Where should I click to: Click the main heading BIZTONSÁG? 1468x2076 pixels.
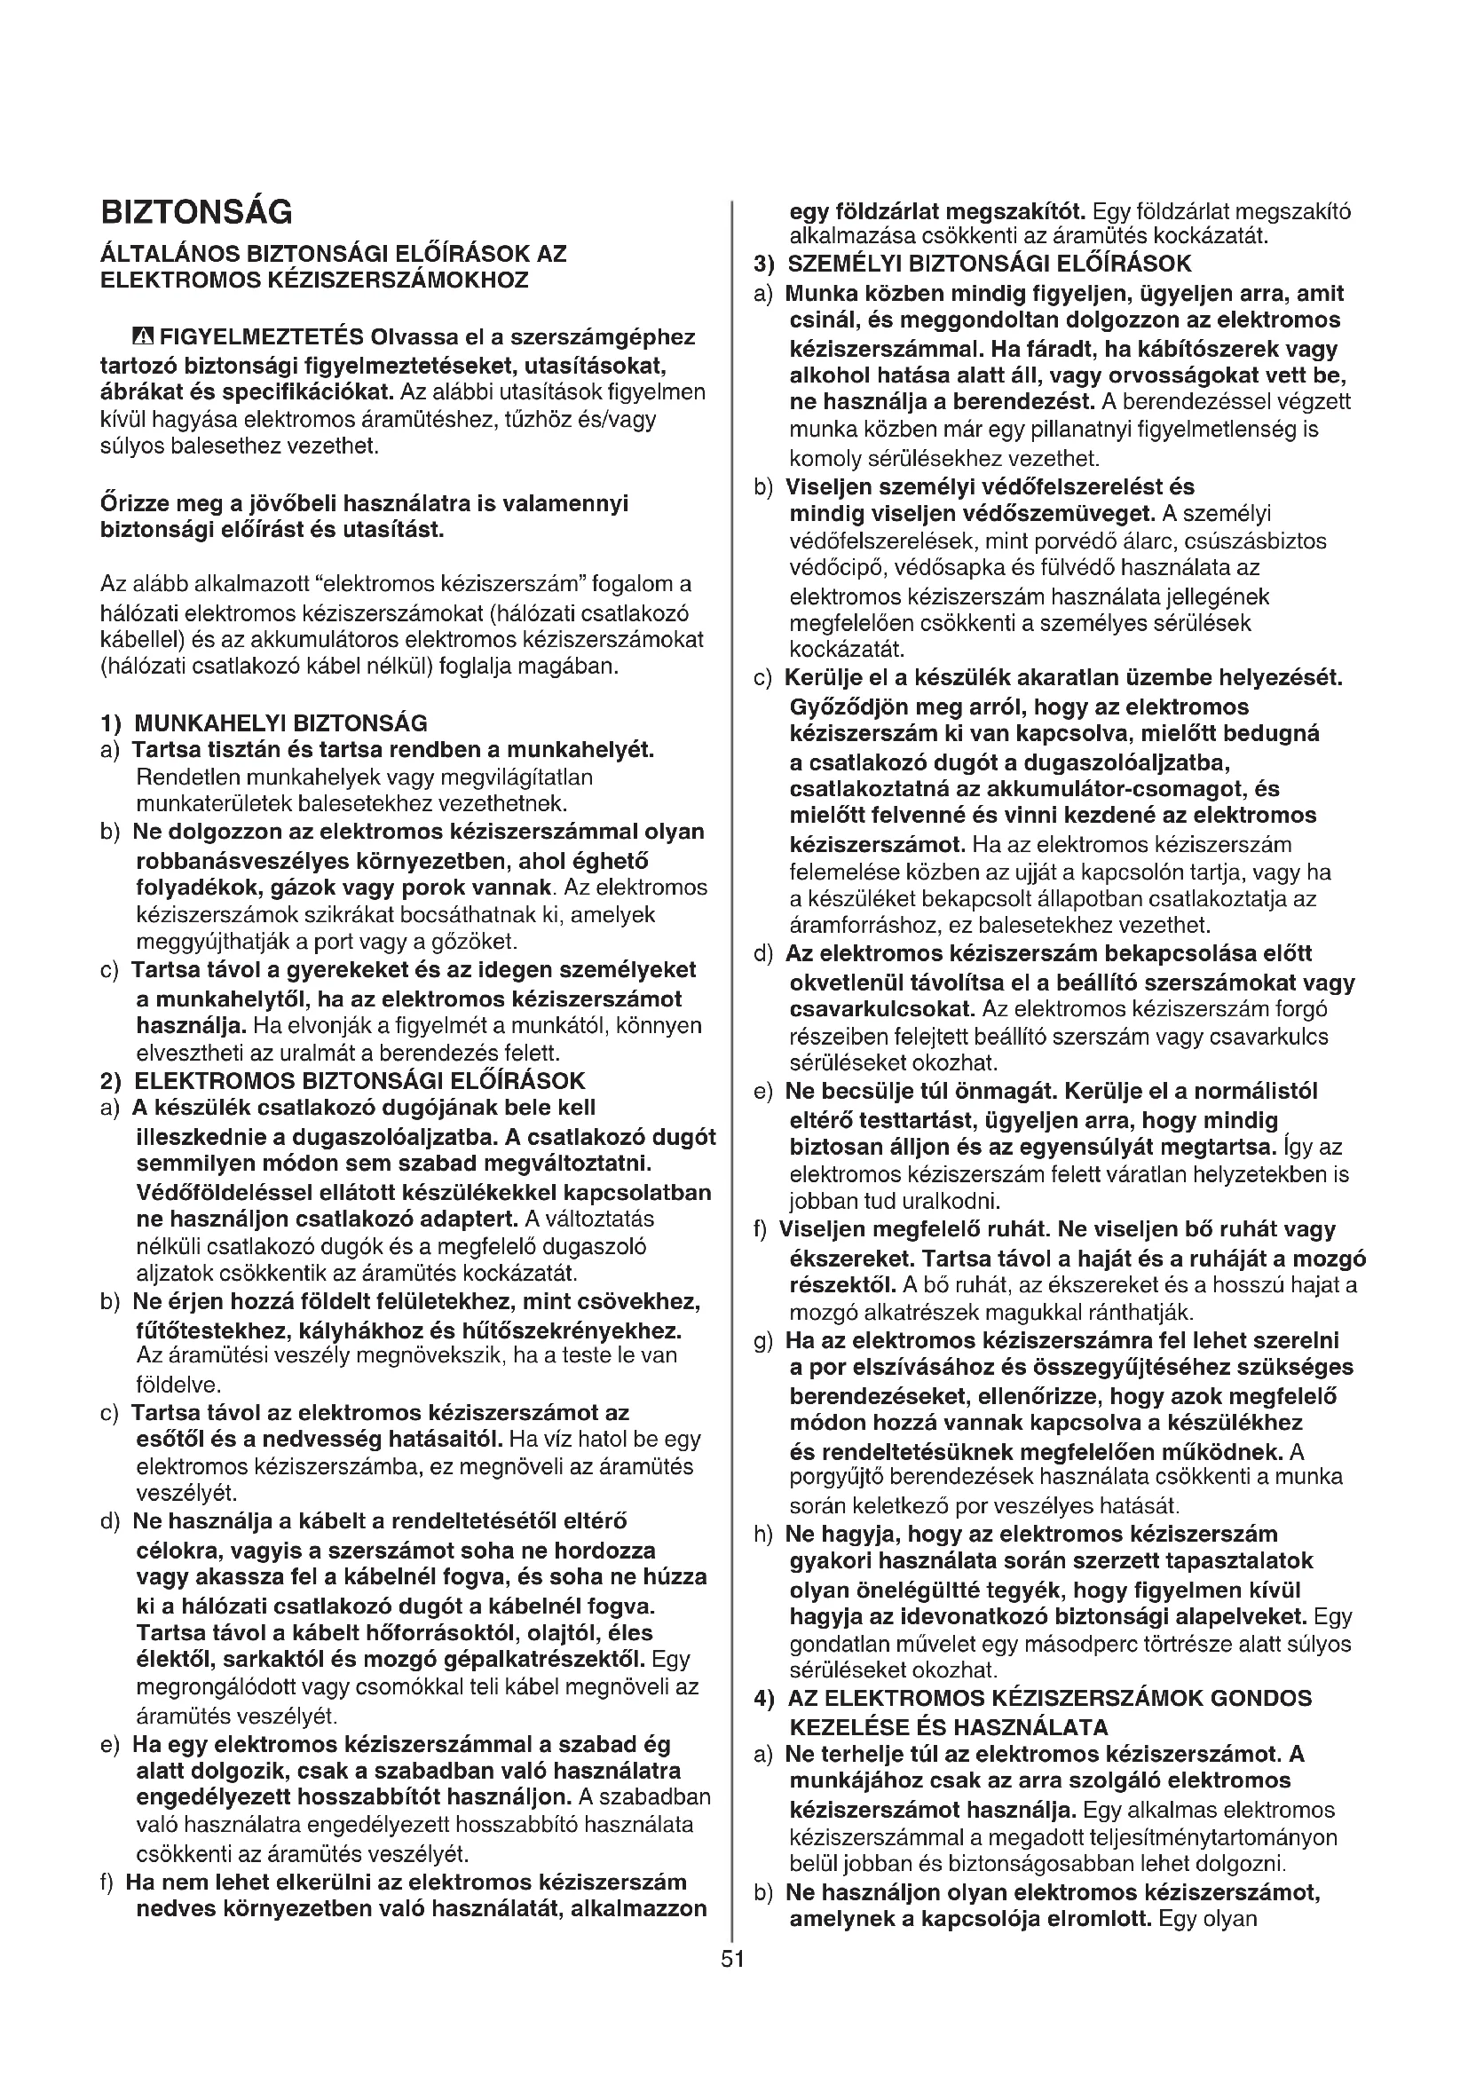(x=196, y=212)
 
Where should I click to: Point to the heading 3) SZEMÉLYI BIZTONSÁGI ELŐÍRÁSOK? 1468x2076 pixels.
(x=973, y=264)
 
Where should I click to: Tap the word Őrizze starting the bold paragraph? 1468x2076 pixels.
(x=131, y=503)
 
